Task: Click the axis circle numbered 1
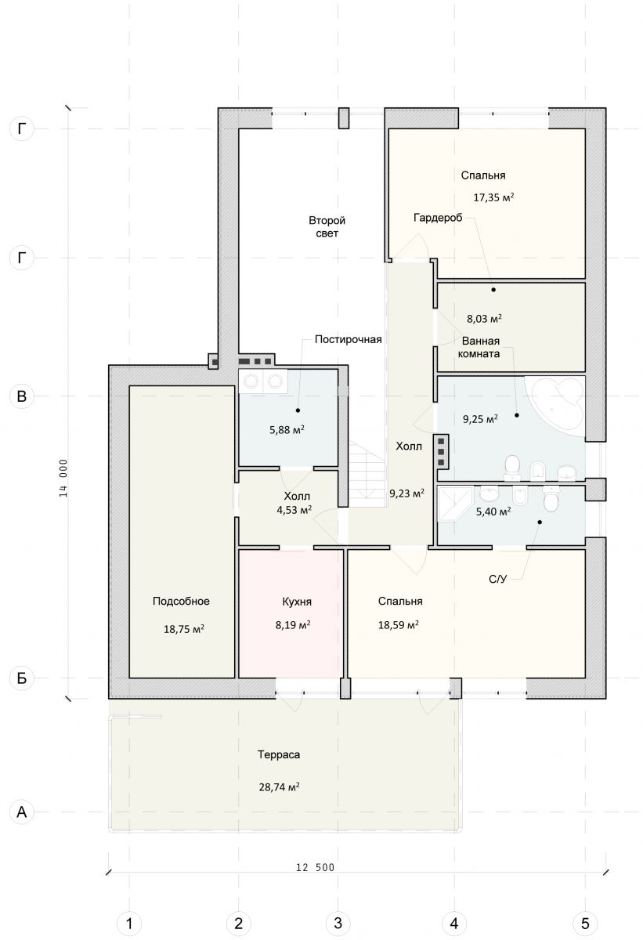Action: tap(129, 923)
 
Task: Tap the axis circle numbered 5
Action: tap(585, 923)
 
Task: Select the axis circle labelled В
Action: tap(21, 396)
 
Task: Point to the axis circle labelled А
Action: tap(21, 812)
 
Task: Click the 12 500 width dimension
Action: tap(316, 867)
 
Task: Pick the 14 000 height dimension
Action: tap(63, 479)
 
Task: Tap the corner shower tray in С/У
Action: tap(455, 504)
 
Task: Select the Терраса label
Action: tap(279, 754)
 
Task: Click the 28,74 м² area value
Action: tap(279, 786)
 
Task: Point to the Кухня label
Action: tap(297, 602)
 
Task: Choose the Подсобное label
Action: tap(181, 601)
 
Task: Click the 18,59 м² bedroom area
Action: tap(399, 625)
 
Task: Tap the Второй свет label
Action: tap(327, 226)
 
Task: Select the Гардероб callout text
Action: tap(438, 218)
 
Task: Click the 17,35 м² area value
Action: tap(493, 197)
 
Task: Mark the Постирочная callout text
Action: tap(349, 339)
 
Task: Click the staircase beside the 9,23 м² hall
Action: tap(367, 474)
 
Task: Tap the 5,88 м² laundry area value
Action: tap(287, 430)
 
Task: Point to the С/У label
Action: tap(498, 579)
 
